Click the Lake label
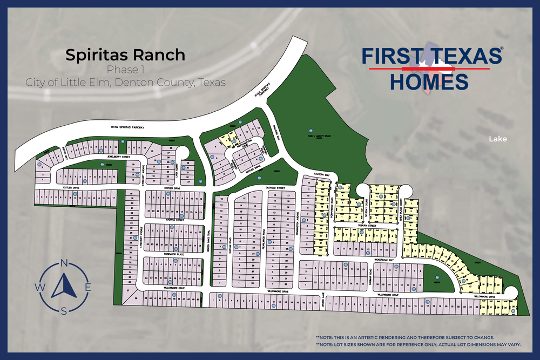[x=498, y=139]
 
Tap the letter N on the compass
[x=64, y=263]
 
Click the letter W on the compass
[x=40, y=287]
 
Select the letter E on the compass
[x=88, y=287]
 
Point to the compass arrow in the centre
[x=64, y=286]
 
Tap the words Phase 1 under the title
[x=125, y=70]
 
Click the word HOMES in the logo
[x=429, y=83]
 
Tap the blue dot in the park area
[x=311, y=130]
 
